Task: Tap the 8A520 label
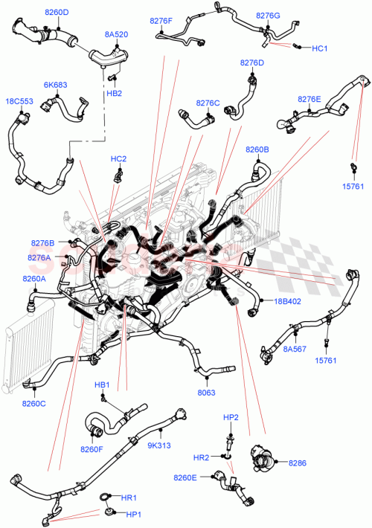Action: tap(116, 34)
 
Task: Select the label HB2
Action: tap(114, 93)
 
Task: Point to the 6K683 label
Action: tap(56, 85)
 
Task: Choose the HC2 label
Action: tap(118, 158)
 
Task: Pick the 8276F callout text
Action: tap(161, 22)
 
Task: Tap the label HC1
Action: tap(320, 48)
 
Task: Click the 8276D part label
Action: tap(252, 63)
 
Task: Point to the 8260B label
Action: tap(257, 150)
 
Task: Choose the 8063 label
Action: tap(207, 393)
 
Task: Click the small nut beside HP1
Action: tap(109, 512)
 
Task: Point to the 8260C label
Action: tap(33, 404)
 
